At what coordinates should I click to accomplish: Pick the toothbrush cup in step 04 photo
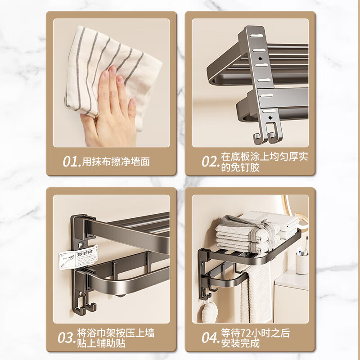[302, 262]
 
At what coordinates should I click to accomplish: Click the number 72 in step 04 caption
[246, 333]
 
